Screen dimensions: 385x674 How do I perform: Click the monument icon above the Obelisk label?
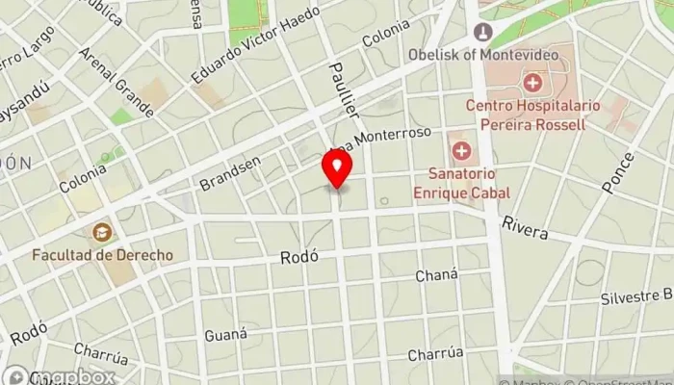(482, 33)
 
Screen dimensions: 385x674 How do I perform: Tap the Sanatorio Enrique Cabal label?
(469, 183)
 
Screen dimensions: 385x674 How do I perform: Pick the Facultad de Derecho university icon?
(101, 232)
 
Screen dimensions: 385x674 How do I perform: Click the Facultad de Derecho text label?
(102, 255)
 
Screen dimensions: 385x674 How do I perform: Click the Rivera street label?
(524, 227)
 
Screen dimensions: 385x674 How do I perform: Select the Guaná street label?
(226, 335)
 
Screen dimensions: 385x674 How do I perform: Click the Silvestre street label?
(635, 297)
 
